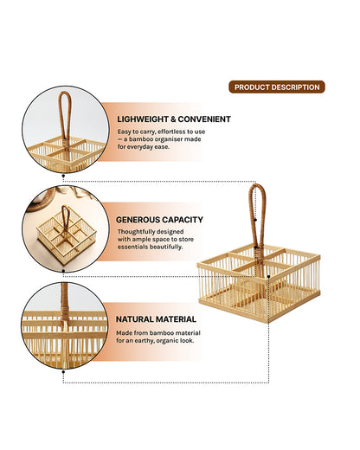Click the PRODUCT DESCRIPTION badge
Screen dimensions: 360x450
pos(277,87)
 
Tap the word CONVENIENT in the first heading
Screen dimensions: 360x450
pos(204,119)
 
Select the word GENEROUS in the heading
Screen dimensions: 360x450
pos(138,220)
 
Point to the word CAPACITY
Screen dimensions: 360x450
pos(182,220)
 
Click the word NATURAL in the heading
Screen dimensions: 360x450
pos(134,319)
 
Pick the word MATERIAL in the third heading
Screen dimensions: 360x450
pos(176,319)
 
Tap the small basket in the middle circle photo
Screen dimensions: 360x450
pos(66,235)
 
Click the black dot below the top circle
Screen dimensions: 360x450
pos(63,175)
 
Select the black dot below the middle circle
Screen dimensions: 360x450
pos(63,271)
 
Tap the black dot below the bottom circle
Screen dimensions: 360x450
pos(63,372)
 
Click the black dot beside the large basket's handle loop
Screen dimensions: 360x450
pos(255,220)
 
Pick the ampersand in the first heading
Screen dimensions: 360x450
pos(173,119)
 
